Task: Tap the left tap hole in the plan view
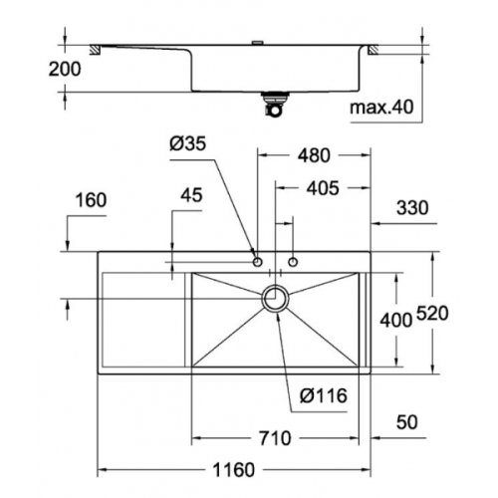tap(258, 262)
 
